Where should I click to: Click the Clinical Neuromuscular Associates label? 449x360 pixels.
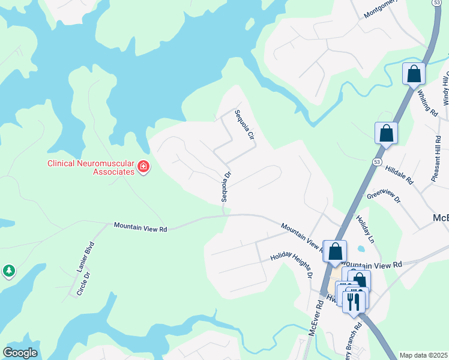tap(91, 167)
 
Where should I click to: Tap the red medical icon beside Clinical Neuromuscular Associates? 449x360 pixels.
tap(143, 167)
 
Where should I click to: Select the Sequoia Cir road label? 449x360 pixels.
tap(245, 125)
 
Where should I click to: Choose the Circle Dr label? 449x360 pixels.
tap(83, 284)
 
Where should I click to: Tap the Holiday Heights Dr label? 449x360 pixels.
tap(291, 263)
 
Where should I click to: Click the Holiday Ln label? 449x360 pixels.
tap(365, 229)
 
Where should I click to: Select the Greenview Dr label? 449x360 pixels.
tap(383, 197)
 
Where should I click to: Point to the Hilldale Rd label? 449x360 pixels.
tap(400, 175)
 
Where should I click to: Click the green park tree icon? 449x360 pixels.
tap(8, 271)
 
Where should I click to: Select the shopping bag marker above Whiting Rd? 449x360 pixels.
tap(414, 74)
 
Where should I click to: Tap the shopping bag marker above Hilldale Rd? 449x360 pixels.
tap(387, 133)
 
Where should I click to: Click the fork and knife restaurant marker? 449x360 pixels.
tap(354, 301)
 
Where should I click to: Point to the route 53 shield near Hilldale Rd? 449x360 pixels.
tap(376, 162)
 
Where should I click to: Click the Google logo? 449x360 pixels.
tap(20, 353)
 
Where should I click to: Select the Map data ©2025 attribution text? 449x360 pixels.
tap(423, 355)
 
